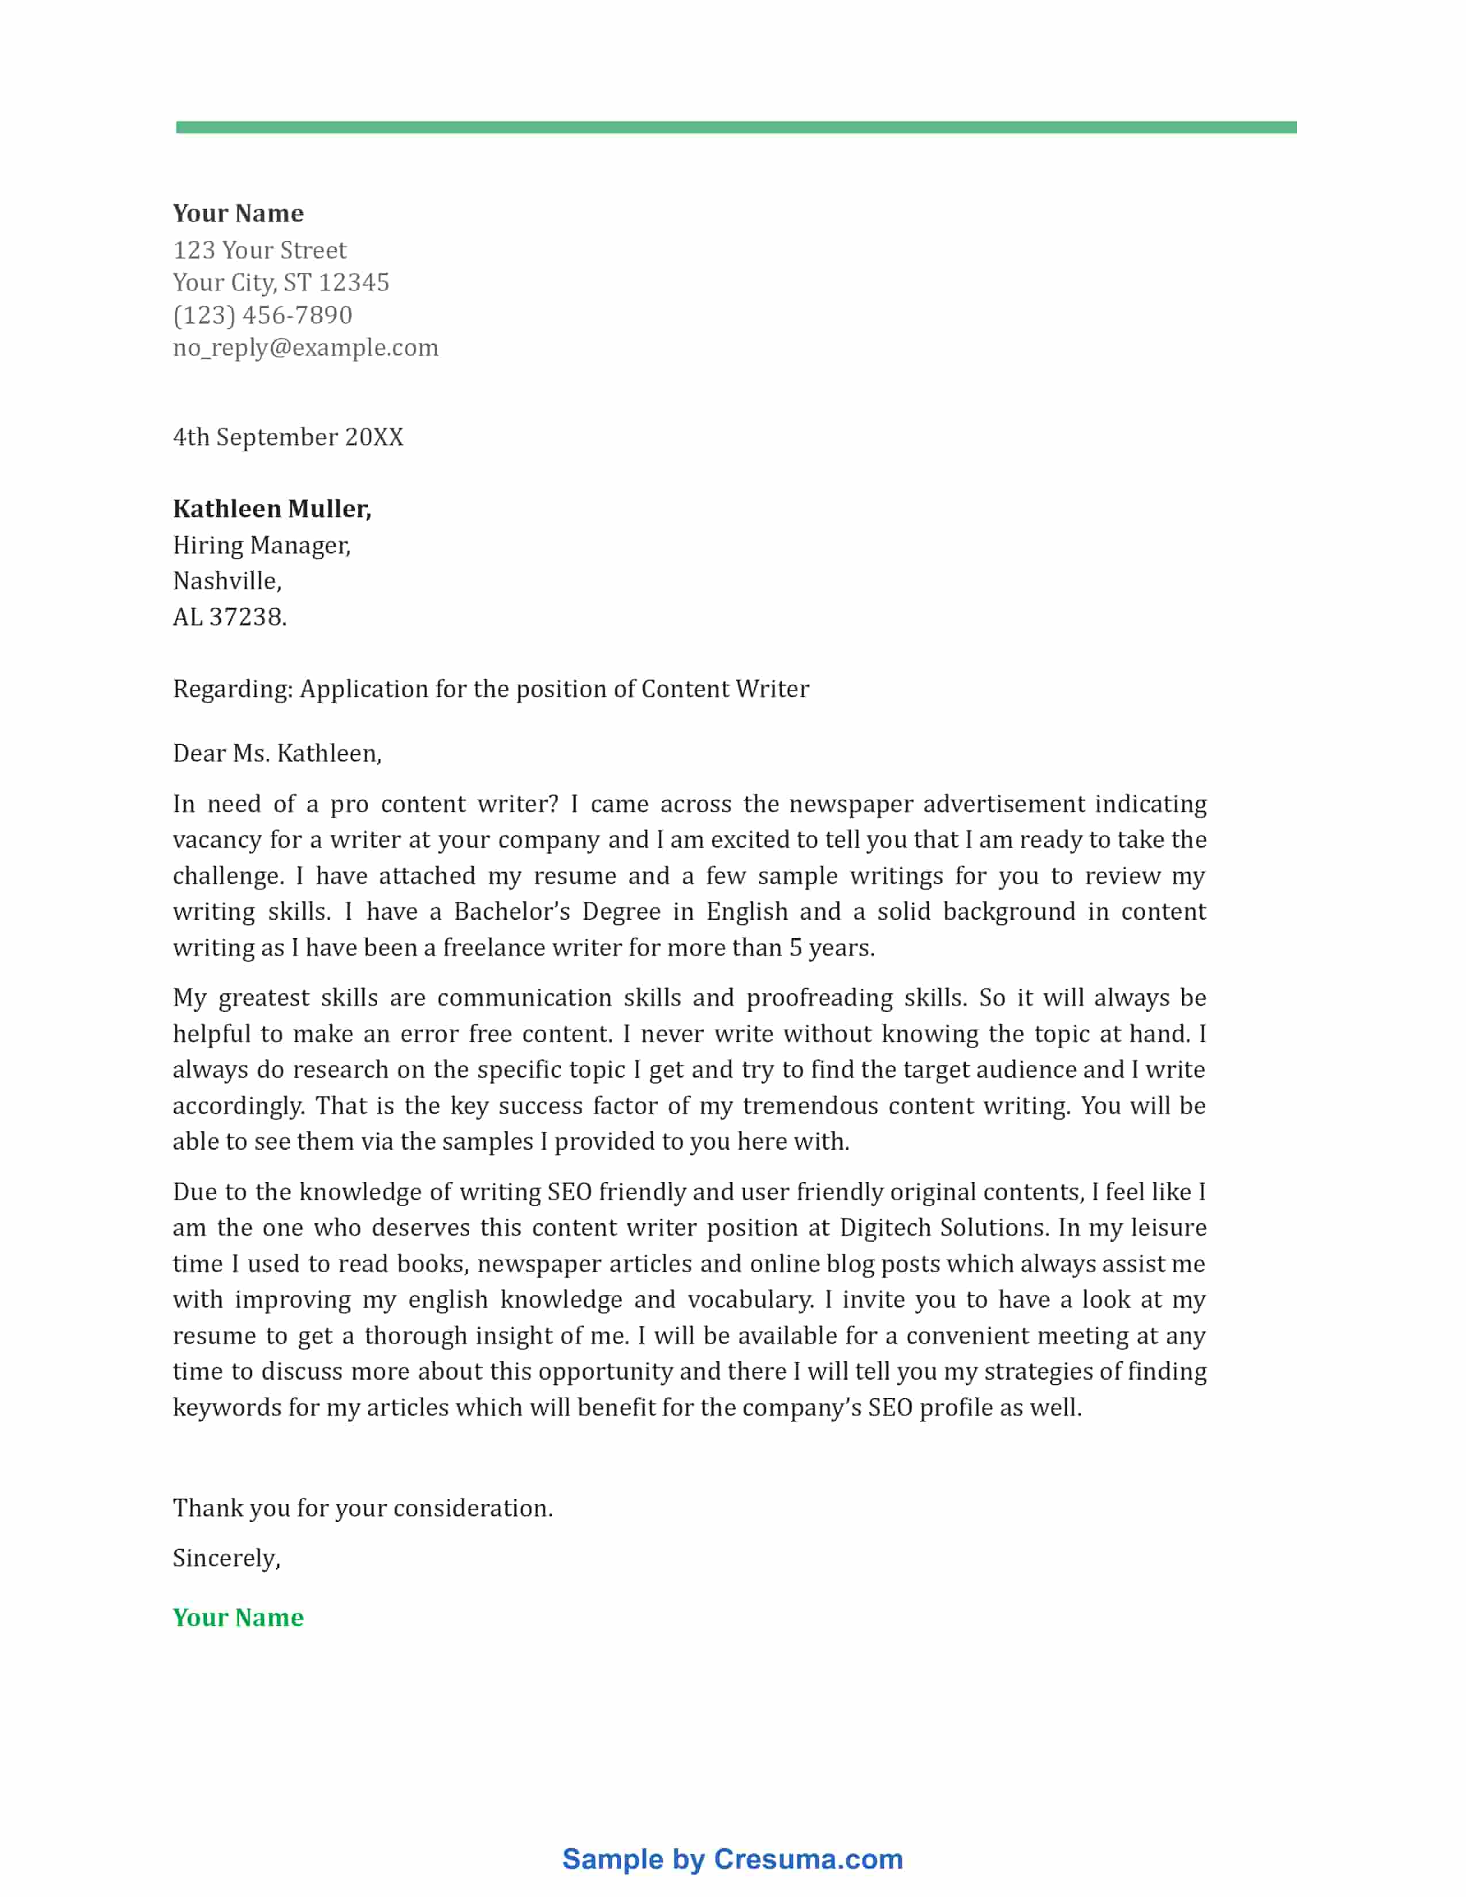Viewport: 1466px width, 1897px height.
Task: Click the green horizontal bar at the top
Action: (x=736, y=128)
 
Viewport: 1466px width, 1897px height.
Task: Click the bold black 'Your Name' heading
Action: (x=238, y=214)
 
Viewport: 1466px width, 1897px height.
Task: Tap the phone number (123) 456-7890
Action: (x=262, y=315)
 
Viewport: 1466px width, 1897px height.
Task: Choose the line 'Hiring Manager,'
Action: (x=262, y=546)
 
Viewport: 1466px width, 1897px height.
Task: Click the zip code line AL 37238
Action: (x=229, y=617)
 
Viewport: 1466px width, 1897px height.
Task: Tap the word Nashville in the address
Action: (x=226, y=581)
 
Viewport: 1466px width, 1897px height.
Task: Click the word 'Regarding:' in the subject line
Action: (x=232, y=690)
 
